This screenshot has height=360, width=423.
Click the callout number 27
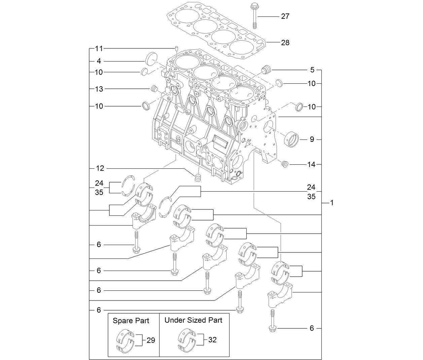tap(285, 16)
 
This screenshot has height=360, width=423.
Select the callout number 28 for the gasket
tap(285, 43)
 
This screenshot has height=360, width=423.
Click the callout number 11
tap(99, 49)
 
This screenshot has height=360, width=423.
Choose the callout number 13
tap(99, 89)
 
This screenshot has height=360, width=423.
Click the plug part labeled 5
tap(266, 70)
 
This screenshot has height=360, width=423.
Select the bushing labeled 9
tap(291, 139)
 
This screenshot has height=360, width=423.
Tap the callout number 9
tap(312, 139)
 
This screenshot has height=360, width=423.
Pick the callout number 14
tap(311, 164)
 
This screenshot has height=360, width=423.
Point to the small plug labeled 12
tap(198, 176)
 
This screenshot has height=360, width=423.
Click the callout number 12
tap(100, 168)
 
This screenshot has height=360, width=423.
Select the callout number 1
tap(332, 203)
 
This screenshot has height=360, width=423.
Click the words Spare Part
tap(131, 321)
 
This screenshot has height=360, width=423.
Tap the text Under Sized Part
tap(193, 320)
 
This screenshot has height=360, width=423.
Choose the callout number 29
tap(151, 340)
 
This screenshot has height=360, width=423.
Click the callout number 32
tap(212, 340)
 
